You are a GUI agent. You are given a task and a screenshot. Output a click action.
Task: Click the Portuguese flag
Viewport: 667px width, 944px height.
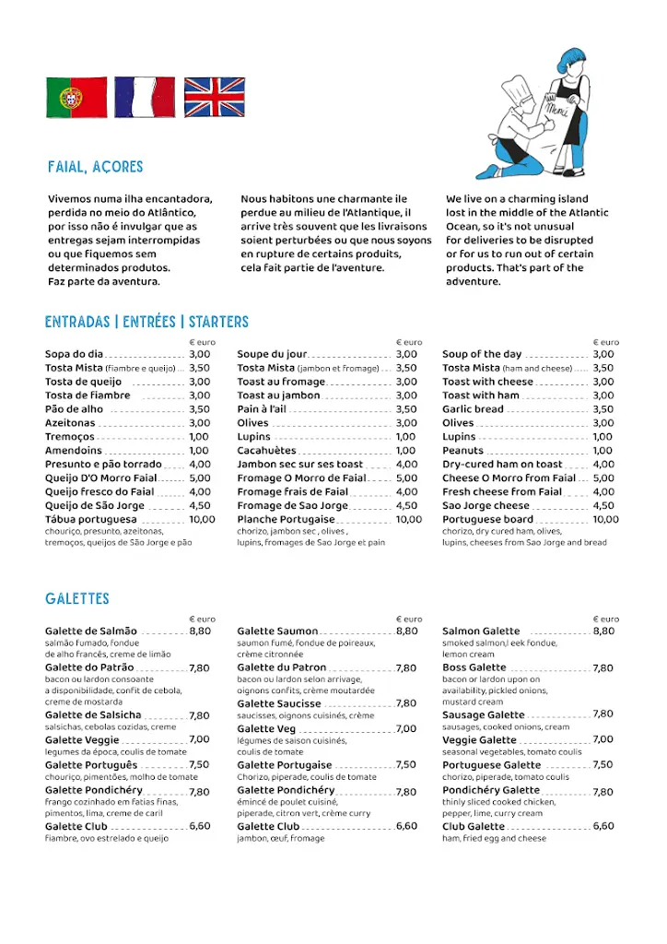click(76, 97)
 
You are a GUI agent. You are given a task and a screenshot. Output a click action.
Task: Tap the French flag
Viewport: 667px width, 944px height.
click(145, 97)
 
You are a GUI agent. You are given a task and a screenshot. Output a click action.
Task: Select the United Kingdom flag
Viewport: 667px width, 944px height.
click(214, 97)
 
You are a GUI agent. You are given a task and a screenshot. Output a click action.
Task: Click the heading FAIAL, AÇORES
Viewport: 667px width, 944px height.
click(96, 167)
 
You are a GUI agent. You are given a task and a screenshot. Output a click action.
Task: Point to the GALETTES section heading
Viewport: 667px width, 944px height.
click(77, 599)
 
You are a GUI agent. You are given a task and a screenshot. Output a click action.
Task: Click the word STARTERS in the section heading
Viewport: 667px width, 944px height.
click(218, 322)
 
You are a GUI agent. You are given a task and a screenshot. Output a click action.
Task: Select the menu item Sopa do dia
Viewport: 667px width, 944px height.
click(74, 354)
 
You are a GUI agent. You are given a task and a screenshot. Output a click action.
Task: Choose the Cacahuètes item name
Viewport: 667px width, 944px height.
click(266, 451)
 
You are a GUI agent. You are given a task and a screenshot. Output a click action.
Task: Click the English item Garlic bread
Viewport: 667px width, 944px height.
click(473, 409)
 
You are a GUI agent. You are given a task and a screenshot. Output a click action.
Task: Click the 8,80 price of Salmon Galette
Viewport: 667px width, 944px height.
click(603, 631)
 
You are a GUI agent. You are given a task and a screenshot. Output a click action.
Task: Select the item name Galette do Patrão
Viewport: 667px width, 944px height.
click(89, 667)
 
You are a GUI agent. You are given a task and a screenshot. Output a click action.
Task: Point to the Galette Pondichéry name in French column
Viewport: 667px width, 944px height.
click(286, 791)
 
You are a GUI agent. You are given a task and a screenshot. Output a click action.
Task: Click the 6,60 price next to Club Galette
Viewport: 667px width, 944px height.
click(603, 826)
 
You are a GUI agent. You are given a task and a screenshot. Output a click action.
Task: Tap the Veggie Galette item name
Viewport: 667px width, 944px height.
click(479, 739)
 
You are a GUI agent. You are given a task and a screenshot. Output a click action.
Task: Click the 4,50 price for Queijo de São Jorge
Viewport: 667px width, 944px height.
click(200, 505)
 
